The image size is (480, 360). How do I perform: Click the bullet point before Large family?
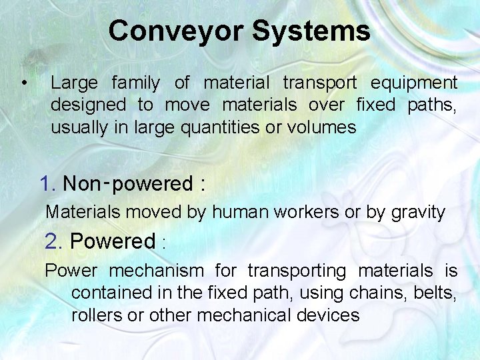(x=24, y=83)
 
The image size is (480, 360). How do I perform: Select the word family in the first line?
(x=136, y=83)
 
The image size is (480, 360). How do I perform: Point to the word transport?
(x=320, y=83)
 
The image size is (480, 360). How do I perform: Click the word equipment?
(x=414, y=83)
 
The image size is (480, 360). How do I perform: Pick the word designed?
(x=88, y=105)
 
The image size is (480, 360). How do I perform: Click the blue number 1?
(x=48, y=184)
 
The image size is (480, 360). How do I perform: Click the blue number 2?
(x=53, y=241)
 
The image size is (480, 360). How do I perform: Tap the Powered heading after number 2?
(x=112, y=241)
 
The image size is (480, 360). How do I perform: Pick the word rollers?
(x=97, y=315)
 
